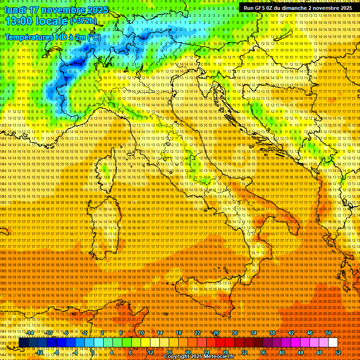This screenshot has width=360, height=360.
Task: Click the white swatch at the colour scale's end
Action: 333,343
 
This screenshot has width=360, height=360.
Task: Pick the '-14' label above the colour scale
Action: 30,333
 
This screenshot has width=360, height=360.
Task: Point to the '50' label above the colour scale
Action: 329,333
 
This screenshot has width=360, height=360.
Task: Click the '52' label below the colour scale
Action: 338,352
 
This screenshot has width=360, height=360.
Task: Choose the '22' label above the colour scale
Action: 197,333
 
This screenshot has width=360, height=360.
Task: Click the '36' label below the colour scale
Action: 263,352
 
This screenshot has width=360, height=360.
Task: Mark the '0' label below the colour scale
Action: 93,352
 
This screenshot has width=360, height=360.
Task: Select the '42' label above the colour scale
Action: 291,333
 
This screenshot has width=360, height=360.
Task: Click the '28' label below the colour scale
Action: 225,352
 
